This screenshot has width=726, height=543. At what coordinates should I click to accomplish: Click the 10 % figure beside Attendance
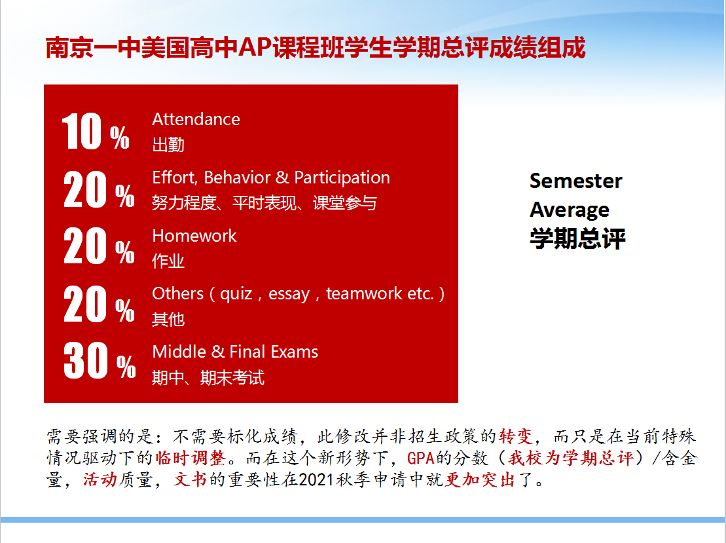coord(96,132)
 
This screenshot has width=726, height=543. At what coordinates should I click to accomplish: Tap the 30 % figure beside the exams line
coord(100,360)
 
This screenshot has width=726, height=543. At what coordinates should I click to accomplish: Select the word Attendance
coord(196,119)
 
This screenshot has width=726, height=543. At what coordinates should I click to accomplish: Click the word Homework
coord(194,236)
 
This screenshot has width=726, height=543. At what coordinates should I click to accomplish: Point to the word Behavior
coord(237,178)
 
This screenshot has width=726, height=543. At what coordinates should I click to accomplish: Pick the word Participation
coord(342,178)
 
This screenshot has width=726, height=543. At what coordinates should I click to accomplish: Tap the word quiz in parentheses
coord(236,294)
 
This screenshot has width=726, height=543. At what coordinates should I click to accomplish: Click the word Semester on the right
coord(576,181)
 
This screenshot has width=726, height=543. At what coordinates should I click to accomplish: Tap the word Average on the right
coord(570,210)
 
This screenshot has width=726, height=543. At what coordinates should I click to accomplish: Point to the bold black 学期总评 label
coord(578,238)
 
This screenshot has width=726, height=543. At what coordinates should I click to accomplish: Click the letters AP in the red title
coord(255,47)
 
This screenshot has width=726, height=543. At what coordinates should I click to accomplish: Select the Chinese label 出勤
coord(168,145)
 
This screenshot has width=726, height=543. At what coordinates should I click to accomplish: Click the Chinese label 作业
coord(168,261)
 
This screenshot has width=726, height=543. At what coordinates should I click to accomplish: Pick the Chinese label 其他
coord(168,319)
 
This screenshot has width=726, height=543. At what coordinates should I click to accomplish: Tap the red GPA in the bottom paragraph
coord(421,459)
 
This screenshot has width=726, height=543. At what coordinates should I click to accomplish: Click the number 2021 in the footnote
coord(317,480)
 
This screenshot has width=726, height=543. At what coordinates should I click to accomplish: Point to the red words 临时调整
coord(191,458)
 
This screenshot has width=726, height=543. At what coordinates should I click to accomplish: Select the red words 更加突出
coord(480,480)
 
